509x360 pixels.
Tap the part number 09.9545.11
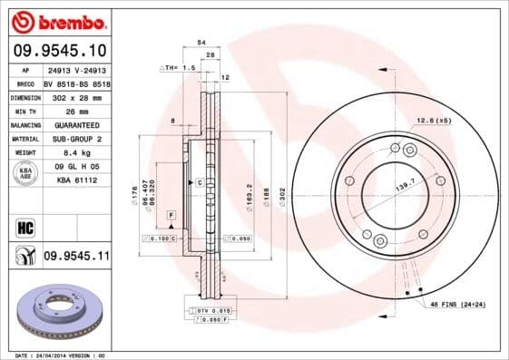(76, 257)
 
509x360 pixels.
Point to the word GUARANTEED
(75, 124)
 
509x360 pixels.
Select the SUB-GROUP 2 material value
(75, 139)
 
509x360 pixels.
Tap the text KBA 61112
(76, 180)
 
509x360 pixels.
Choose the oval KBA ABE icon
(25, 174)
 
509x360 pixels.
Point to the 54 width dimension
(201, 43)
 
